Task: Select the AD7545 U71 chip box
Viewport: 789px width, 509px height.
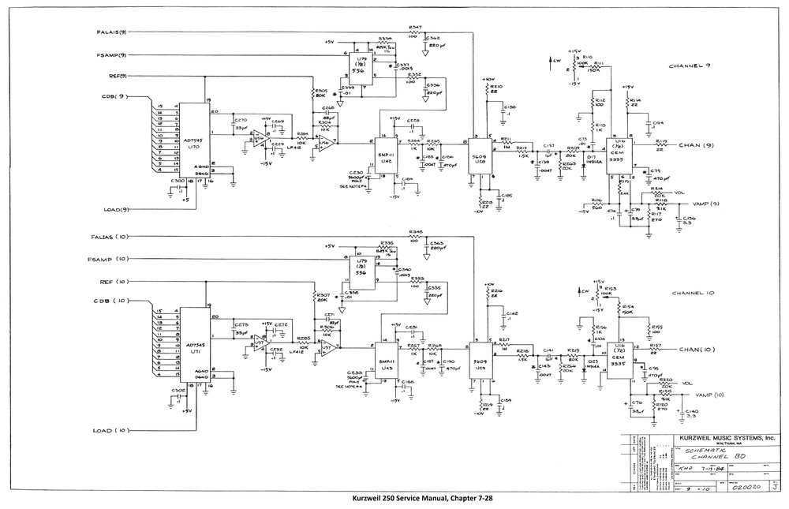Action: (x=191, y=349)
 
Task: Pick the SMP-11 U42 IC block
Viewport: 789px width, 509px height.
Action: (x=387, y=155)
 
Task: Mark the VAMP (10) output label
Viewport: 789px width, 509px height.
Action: (x=709, y=395)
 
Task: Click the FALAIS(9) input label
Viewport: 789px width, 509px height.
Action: (x=112, y=32)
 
